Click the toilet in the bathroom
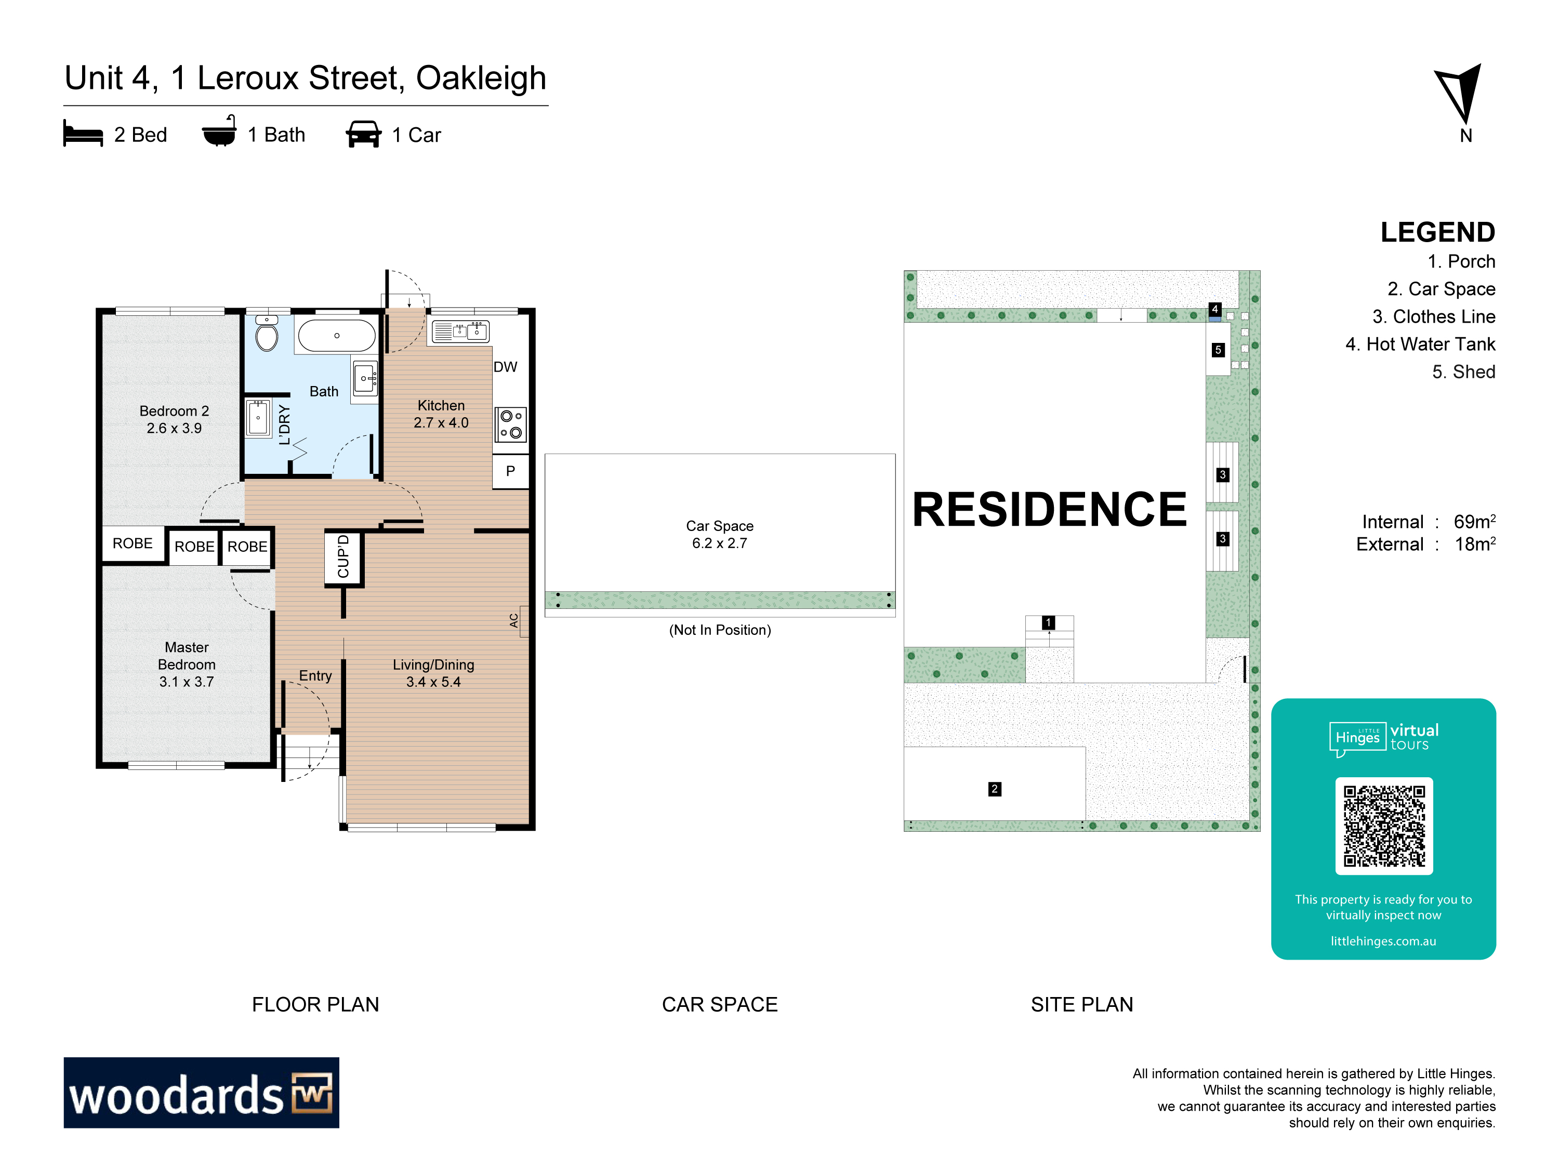267,334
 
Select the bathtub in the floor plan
337,336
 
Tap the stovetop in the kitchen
511,424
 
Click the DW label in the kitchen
505,367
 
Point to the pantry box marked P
510,471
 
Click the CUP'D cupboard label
343,556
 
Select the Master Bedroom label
187,656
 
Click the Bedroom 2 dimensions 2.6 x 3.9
174,429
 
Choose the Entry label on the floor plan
315,676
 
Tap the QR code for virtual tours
1383,826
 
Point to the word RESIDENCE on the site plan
1049,510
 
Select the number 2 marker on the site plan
995,789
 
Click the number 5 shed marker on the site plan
1218,350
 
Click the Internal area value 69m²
1474,522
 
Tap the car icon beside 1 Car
364,134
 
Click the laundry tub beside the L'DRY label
258,418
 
